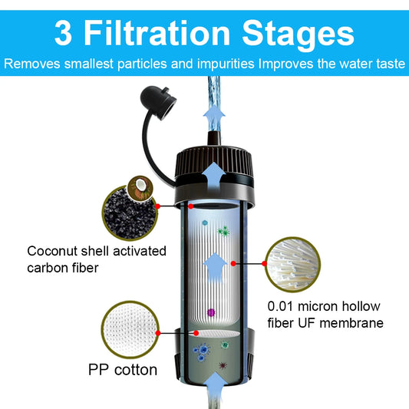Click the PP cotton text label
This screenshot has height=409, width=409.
click(122, 370)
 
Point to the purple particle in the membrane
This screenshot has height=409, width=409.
click(213, 313)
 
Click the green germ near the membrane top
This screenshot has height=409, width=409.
click(224, 229)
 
